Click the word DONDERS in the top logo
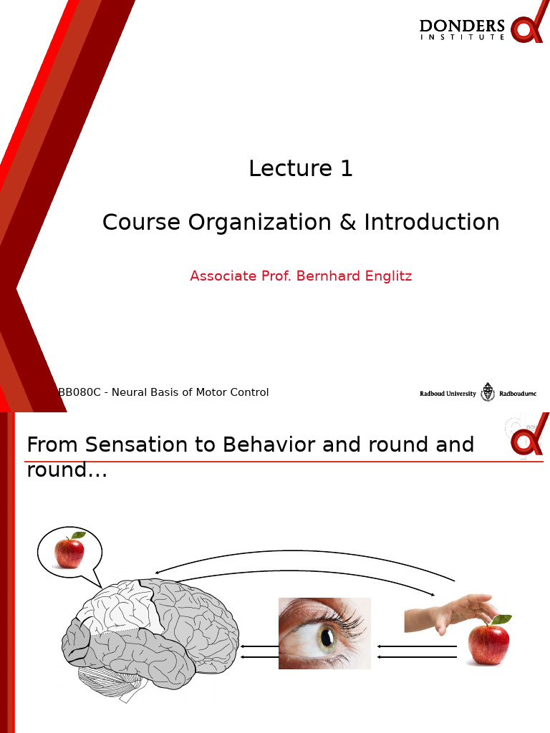(x=462, y=26)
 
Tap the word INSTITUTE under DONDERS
(x=462, y=38)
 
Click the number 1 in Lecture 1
(x=347, y=169)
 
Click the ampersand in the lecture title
(x=348, y=223)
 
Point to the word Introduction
(x=432, y=223)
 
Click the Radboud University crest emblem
(x=488, y=392)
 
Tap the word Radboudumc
(x=517, y=393)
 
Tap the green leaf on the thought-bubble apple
(x=78, y=535)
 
